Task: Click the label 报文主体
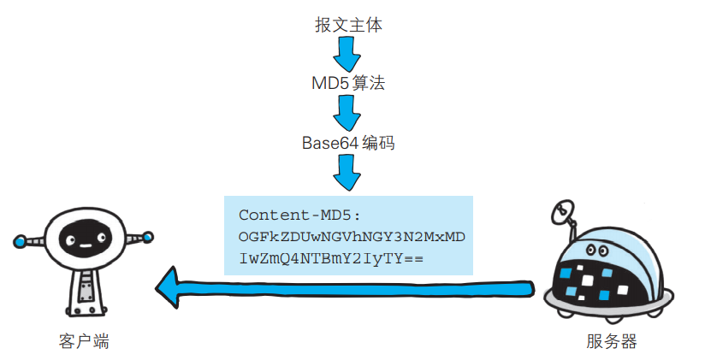[x=348, y=25]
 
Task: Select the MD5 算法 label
[x=348, y=83]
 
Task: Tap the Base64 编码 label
[x=348, y=143]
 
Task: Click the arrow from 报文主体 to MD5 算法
[x=347, y=54]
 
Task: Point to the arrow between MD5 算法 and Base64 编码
[x=347, y=113]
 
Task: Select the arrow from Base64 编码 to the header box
[x=347, y=173]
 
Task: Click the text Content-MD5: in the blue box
[x=299, y=215]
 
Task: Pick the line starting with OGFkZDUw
[x=352, y=237]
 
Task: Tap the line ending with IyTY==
[x=331, y=259]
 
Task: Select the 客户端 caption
[x=84, y=341]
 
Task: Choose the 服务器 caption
[x=612, y=341]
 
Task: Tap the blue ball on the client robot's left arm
[x=21, y=241]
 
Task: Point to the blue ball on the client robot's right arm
[x=147, y=237]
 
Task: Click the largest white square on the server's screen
[x=588, y=280]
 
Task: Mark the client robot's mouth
[x=85, y=246]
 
